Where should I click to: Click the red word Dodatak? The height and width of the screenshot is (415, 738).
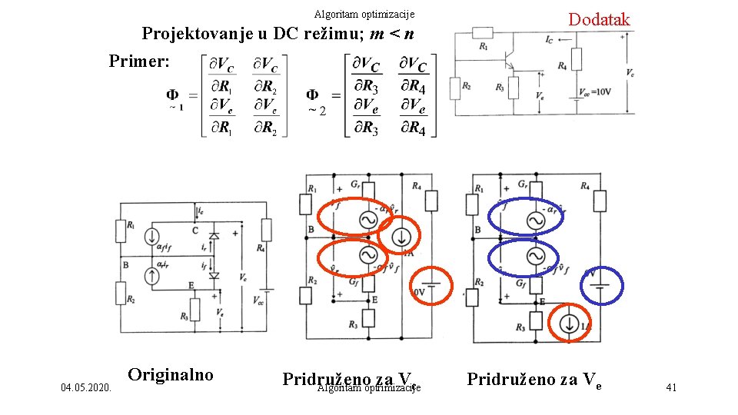click(599, 19)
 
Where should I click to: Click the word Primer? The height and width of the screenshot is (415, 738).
click(139, 61)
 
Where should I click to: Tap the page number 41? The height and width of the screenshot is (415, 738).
click(671, 387)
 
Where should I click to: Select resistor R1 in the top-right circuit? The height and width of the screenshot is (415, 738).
click(483, 32)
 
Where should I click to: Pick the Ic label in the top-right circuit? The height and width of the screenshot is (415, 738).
click(548, 38)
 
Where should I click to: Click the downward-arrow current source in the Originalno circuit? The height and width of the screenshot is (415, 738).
click(154, 236)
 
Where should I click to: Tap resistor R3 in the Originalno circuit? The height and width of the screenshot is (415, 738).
click(195, 310)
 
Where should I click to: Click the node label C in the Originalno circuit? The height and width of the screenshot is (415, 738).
click(195, 230)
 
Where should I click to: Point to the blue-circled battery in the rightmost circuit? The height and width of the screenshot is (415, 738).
click(601, 286)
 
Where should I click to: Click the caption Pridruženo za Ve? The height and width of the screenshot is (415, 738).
click(532, 378)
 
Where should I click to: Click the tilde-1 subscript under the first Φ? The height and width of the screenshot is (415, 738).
click(176, 108)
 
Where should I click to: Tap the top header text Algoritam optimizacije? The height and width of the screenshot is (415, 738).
click(364, 14)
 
